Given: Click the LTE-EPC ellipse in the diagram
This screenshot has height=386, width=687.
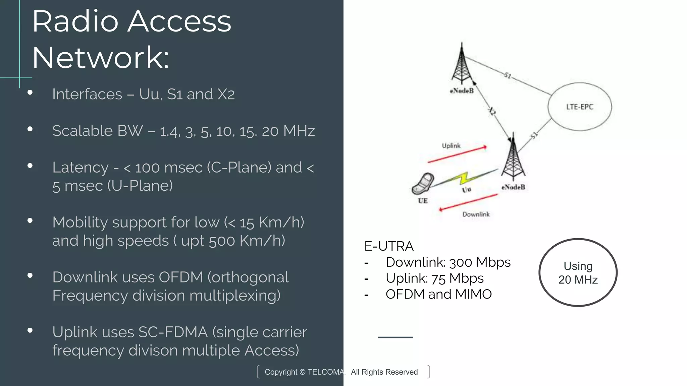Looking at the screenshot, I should [579, 107].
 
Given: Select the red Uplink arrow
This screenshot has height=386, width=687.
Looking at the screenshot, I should [457, 154].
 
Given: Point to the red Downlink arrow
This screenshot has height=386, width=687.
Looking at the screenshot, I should [468, 203].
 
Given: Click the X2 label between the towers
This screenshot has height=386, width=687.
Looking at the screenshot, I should [491, 111].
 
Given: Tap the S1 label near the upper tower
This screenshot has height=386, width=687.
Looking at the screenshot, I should [508, 75].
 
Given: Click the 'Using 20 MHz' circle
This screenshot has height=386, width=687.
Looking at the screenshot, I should [578, 272].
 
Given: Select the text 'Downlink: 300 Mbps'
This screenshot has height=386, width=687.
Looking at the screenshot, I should [448, 262].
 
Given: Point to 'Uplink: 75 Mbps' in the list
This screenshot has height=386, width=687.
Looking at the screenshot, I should [434, 278].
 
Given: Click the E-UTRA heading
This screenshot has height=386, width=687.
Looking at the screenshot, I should [389, 246].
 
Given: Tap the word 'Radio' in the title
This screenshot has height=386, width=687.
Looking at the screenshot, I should [75, 21].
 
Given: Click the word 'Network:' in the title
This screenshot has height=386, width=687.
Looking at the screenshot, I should [101, 58].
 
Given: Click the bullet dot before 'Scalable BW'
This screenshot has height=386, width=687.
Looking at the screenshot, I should [30, 129].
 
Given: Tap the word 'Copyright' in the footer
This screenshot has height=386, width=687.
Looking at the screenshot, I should [281, 372].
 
